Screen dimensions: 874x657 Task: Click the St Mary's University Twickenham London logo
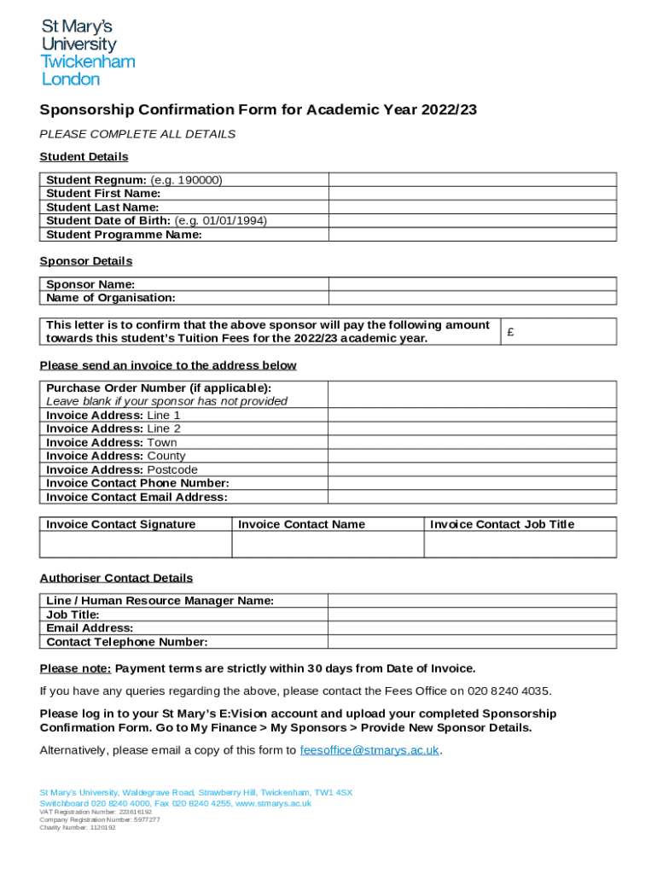click(88, 53)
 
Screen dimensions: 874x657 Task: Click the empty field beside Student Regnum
click(473, 180)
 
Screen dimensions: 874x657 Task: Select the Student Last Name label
click(102, 207)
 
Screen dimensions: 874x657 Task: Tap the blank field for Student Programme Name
click(473, 235)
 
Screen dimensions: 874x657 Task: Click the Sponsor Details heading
click(86, 261)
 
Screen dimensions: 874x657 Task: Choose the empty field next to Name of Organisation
click(473, 298)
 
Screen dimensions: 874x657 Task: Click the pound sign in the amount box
click(510, 333)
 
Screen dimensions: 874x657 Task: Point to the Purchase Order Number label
click(159, 387)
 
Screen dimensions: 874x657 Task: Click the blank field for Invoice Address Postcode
click(473, 469)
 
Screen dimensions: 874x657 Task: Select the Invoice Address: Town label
click(112, 442)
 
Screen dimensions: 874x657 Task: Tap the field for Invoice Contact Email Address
click(473, 497)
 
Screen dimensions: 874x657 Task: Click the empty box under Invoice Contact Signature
click(136, 545)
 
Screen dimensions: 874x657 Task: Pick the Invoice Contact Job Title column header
click(502, 524)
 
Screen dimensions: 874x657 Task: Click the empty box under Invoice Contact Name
click(328, 545)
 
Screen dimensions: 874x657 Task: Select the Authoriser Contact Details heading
click(116, 578)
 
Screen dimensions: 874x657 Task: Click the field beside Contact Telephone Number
click(473, 642)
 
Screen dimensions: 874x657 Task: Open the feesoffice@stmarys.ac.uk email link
click(369, 750)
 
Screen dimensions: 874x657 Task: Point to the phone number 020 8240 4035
click(508, 690)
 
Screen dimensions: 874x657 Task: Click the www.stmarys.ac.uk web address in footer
click(274, 803)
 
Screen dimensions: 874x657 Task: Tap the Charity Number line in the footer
click(78, 827)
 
